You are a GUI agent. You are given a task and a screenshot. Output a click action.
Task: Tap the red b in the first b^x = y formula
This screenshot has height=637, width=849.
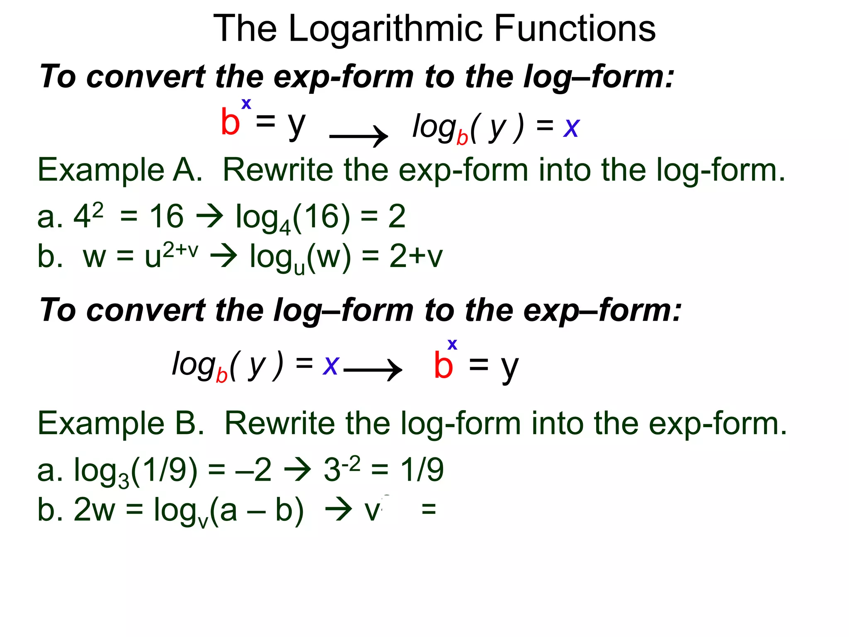[230, 122]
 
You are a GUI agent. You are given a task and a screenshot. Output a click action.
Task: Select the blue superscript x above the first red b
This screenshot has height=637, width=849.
[246, 103]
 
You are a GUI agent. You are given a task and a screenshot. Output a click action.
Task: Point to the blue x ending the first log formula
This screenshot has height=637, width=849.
[571, 127]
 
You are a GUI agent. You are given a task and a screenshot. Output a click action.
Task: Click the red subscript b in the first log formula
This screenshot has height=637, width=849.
[462, 137]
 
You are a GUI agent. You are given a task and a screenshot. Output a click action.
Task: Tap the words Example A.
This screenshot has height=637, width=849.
[120, 170]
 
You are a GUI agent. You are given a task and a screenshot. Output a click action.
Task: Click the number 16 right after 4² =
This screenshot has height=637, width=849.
[166, 216]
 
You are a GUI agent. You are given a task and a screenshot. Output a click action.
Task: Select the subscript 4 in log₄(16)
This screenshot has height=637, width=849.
[285, 227]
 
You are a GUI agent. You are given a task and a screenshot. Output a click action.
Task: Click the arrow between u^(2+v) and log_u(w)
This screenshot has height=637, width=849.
[224, 256]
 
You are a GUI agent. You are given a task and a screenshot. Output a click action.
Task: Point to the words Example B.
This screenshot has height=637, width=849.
[121, 423]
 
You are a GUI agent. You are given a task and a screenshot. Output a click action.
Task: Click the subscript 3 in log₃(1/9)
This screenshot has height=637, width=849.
[124, 481]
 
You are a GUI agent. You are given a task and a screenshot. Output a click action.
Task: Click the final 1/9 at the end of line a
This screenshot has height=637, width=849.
[422, 470]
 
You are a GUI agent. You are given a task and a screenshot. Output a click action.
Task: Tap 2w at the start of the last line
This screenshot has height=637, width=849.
[94, 509]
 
